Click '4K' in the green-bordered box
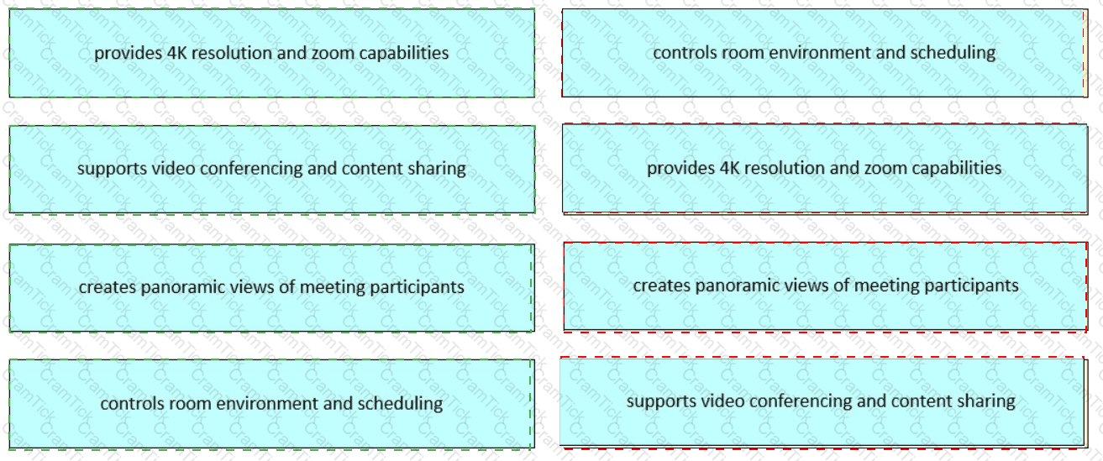[x=176, y=53]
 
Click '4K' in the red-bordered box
[x=729, y=168]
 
